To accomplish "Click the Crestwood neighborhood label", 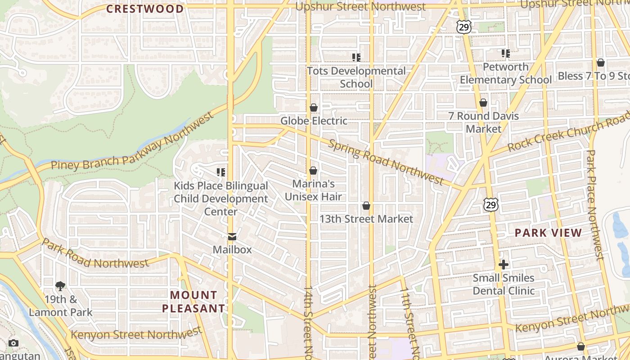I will pyautogui.click(x=145, y=9).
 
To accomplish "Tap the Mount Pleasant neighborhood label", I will pyautogui.click(x=193, y=301).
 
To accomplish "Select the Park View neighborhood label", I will pyautogui.click(x=548, y=233).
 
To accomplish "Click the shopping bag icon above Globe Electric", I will pyautogui.click(x=314, y=108).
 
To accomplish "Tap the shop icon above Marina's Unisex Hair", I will pyautogui.click(x=313, y=171).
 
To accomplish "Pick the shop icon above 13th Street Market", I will pyautogui.click(x=366, y=206).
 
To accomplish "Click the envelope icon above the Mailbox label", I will pyautogui.click(x=232, y=237).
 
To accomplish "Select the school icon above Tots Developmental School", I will pyautogui.click(x=356, y=57).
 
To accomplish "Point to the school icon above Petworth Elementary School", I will pyautogui.click(x=506, y=54).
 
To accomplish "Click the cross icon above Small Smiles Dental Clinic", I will pyautogui.click(x=504, y=265).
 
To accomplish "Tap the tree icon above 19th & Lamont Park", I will pyautogui.click(x=60, y=286).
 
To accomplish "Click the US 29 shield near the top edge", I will pyautogui.click(x=463, y=27).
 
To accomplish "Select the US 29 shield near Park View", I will pyautogui.click(x=491, y=205).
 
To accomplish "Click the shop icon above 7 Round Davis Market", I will pyautogui.click(x=483, y=103).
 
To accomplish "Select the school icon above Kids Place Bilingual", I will pyautogui.click(x=221, y=172).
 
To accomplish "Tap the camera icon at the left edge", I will pyautogui.click(x=13, y=343).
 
